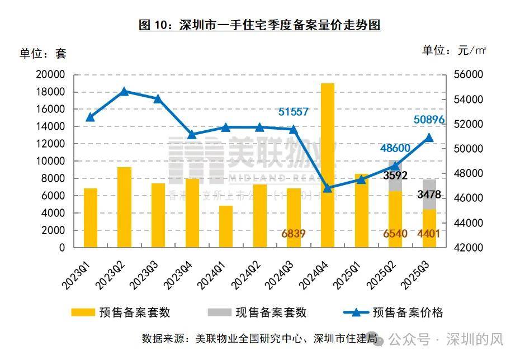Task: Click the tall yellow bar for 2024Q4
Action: (328, 165)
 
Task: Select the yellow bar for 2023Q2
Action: (125, 207)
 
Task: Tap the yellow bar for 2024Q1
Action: (226, 226)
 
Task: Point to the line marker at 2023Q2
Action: (125, 91)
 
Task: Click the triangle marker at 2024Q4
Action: (328, 188)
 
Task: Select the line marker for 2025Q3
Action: (429, 138)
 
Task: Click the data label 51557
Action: (294, 112)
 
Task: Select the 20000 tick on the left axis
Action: (50, 75)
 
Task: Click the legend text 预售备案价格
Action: (408, 312)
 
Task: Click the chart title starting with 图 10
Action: (259, 26)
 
